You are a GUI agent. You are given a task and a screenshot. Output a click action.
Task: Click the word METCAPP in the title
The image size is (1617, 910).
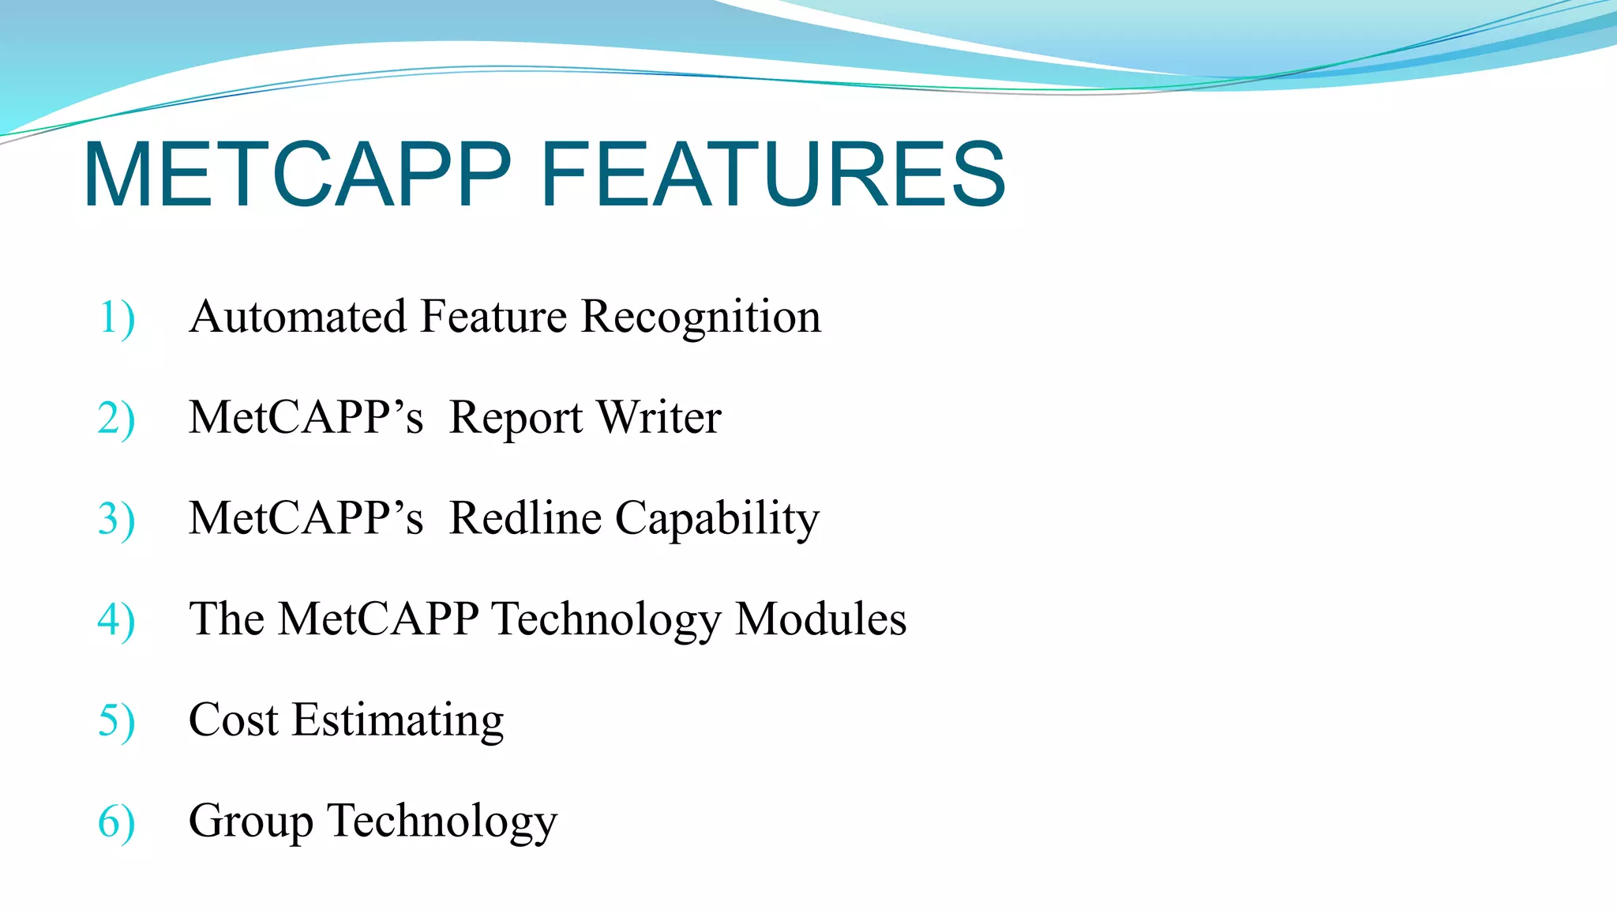(298, 175)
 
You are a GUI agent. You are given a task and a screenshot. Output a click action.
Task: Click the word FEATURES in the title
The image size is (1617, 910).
(773, 175)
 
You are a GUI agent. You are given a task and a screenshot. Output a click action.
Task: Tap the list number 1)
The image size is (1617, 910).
(117, 318)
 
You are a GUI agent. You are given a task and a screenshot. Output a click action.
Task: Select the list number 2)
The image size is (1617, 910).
(117, 419)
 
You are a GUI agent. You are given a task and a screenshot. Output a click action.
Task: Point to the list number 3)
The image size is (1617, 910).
(117, 520)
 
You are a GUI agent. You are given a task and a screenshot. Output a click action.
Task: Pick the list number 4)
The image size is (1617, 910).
(117, 620)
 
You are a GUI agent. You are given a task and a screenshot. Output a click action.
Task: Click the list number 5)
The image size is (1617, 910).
(117, 721)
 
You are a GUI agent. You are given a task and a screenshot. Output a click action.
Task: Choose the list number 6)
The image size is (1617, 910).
(117, 822)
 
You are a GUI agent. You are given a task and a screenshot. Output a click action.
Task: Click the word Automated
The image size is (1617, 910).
(298, 317)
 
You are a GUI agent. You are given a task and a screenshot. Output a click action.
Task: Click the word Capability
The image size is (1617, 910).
(717, 520)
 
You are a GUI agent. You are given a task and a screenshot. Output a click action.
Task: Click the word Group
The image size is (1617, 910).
(250, 822)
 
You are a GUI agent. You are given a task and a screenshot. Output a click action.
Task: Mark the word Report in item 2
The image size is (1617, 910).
(516, 419)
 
